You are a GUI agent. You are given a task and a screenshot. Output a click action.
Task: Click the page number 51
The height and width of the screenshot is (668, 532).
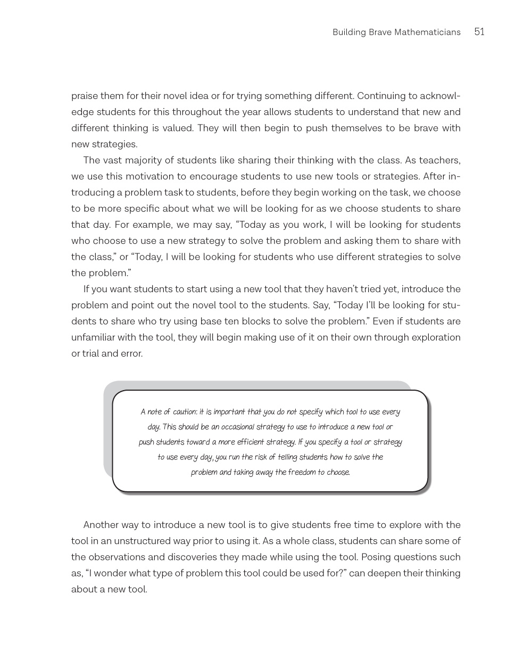(479, 32)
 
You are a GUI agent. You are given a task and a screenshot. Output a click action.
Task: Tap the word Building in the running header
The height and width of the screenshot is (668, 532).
(350, 32)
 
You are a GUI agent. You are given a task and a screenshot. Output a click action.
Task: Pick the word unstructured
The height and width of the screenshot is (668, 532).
(139, 541)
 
